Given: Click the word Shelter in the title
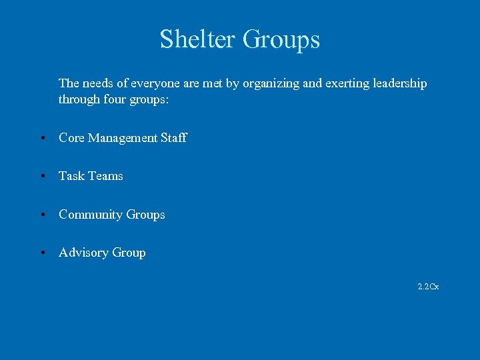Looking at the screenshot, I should (x=197, y=39).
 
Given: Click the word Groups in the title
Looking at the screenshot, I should (x=281, y=40).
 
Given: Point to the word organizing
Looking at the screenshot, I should (x=273, y=84).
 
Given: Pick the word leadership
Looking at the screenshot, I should (x=399, y=84).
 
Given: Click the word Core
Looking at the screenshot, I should (x=71, y=138).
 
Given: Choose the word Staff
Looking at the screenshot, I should (x=175, y=138).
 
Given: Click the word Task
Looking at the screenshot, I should (x=71, y=176).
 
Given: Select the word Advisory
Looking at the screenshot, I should (x=83, y=253).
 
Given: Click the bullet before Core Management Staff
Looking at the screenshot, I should (x=42, y=139).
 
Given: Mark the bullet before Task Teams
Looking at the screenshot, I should (x=42, y=177).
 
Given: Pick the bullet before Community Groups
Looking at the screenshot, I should (x=42, y=215).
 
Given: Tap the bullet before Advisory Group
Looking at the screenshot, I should (x=42, y=253).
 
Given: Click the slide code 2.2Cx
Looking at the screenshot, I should (x=428, y=287).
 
